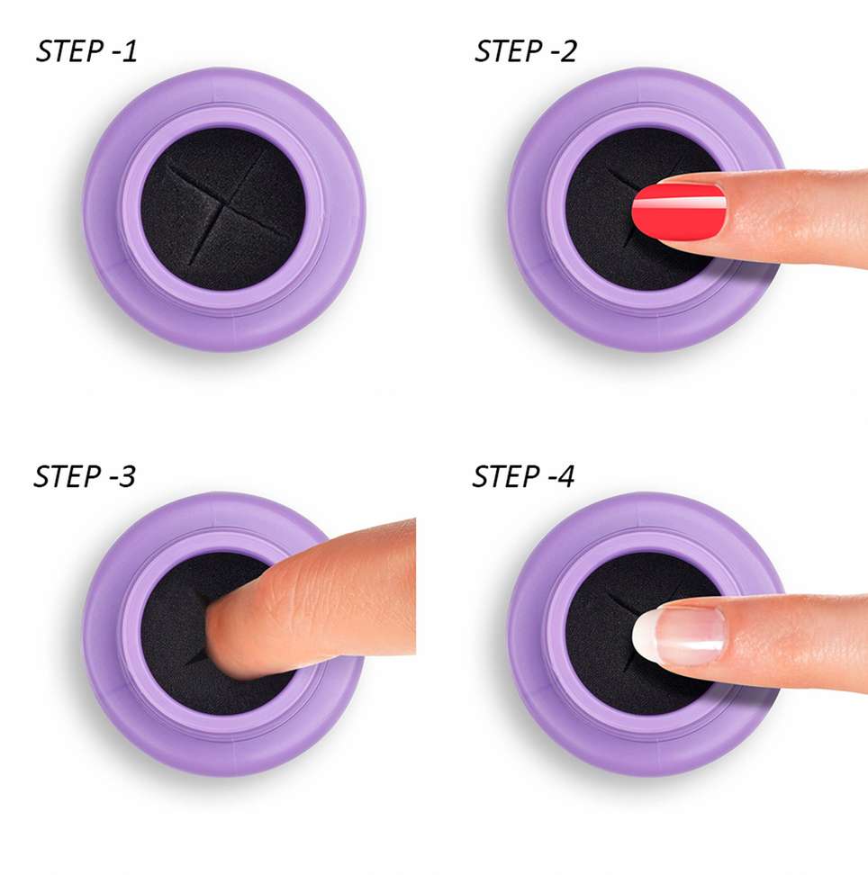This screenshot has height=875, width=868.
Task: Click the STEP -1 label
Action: pyautogui.click(x=86, y=51)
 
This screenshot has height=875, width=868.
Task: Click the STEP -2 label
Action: pyautogui.click(x=525, y=51)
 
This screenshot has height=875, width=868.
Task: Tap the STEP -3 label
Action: pyautogui.click(x=85, y=476)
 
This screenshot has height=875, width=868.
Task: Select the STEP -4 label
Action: pyautogui.click(x=523, y=476)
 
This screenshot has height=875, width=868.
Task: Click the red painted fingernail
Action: pyautogui.click(x=677, y=212)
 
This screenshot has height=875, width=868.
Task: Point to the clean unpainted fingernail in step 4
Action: pyautogui.click(x=680, y=636)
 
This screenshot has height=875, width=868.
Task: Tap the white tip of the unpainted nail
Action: pyautogui.click(x=643, y=636)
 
